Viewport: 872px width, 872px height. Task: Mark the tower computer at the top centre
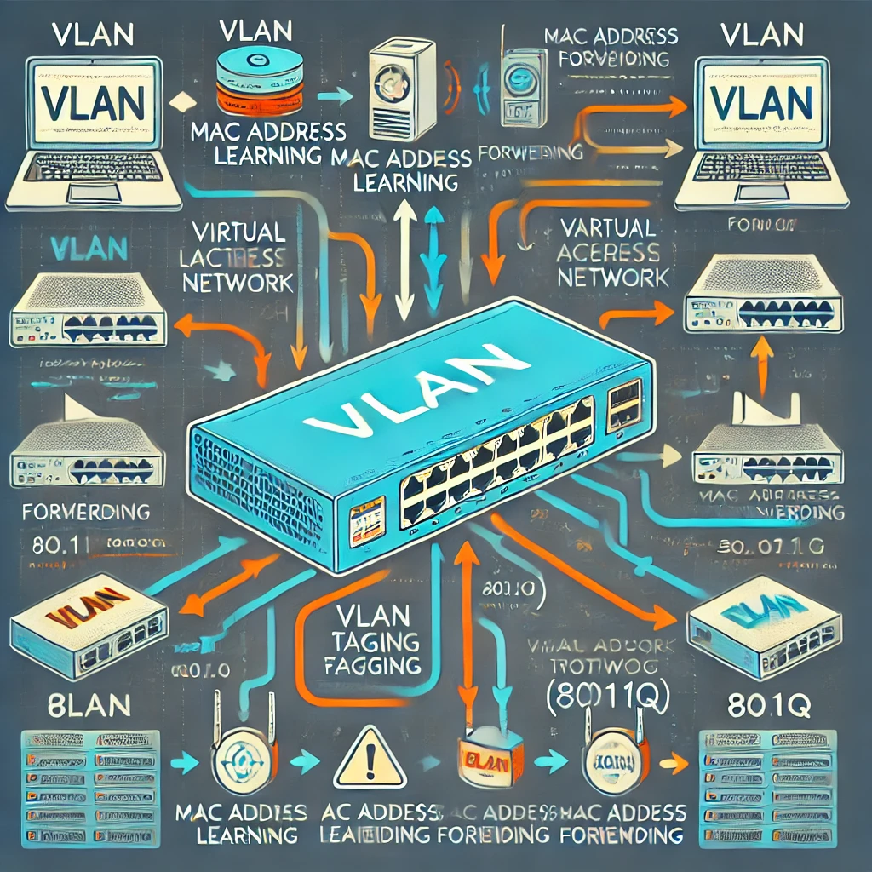click(x=397, y=89)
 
